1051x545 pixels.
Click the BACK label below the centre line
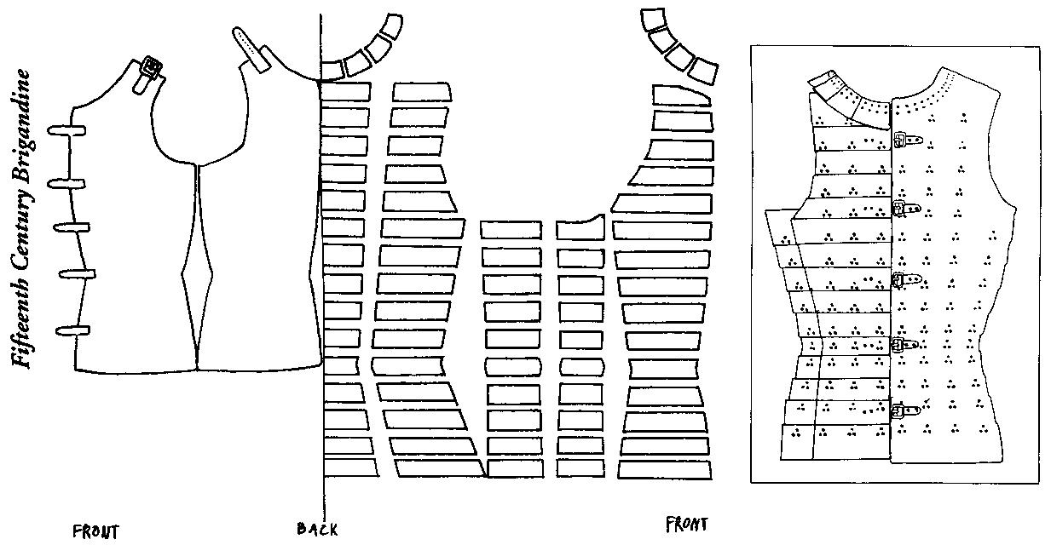pyautogui.click(x=317, y=530)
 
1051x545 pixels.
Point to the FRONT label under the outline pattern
pyautogui.click(x=95, y=532)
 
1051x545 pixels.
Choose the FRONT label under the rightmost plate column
pyautogui.click(x=686, y=524)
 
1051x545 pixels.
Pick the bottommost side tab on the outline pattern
pyautogui.click(x=72, y=330)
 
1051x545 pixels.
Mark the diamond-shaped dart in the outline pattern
pyautogui.click(x=196, y=272)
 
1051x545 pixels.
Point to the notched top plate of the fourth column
pyautogui.click(x=580, y=228)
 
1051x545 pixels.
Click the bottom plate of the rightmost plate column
pyautogui.click(x=664, y=468)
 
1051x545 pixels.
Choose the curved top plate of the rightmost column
pyautogui.click(x=681, y=94)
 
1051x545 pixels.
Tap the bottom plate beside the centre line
pyautogui.click(x=350, y=468)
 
